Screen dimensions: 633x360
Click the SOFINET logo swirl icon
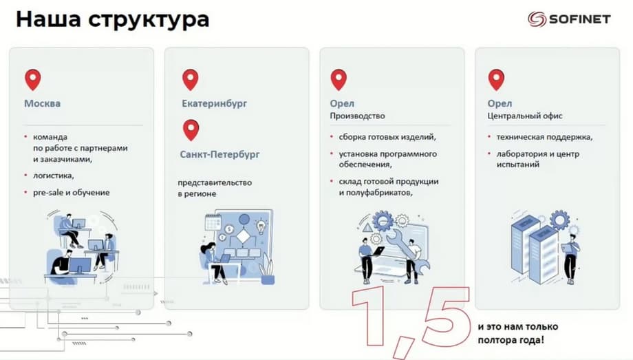point(537,19)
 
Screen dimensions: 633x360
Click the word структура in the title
point(148,20)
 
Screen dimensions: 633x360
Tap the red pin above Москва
point(33,80)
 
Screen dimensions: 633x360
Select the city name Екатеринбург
point(214,103)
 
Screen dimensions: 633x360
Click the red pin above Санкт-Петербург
point(191,130)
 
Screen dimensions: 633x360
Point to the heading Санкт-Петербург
point(219,154)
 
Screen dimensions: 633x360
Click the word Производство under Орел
point(357,116)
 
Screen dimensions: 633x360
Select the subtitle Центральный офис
point(525,116)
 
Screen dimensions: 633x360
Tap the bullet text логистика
point(53,176)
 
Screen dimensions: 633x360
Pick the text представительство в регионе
point(215,188)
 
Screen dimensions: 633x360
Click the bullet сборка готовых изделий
point(387,137)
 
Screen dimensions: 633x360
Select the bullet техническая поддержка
point(544,137)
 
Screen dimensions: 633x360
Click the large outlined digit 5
point(444,315)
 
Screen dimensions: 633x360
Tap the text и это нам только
point(517,326)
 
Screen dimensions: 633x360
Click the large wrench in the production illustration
point(408,251)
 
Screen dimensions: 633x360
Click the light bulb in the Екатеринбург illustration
point(261,227)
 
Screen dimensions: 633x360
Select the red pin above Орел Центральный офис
point(496,80)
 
